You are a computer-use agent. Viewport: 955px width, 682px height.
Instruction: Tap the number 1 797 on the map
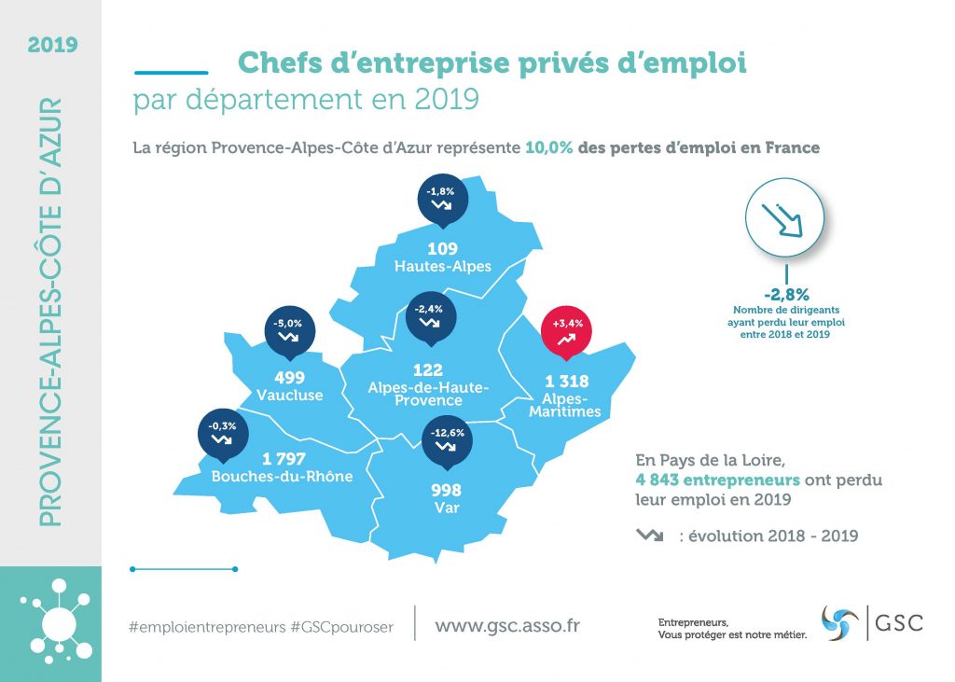(285, 459)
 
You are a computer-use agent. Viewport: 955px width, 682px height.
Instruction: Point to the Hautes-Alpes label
(442, 267)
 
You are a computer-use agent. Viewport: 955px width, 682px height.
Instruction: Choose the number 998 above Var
(447, 491)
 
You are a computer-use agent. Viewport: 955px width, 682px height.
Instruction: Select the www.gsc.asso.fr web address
(507, 625)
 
